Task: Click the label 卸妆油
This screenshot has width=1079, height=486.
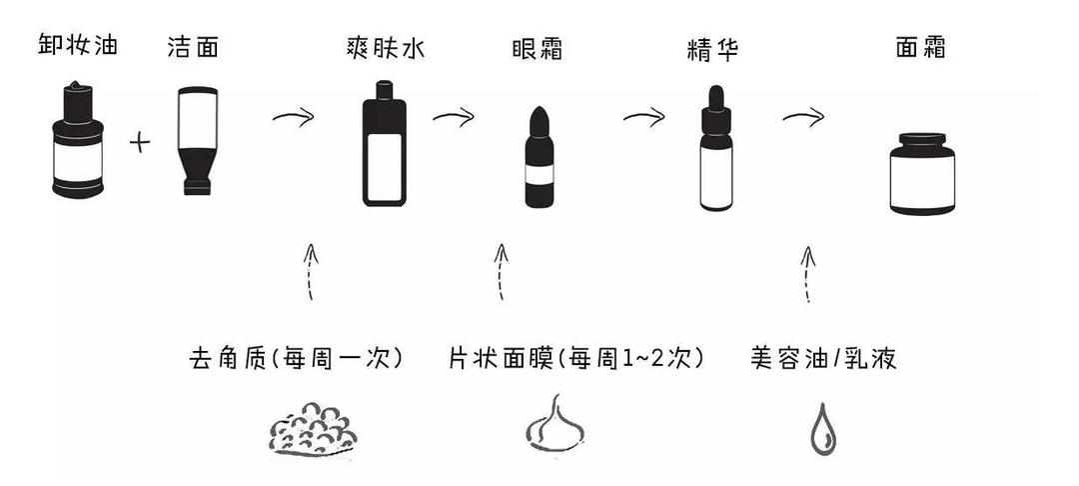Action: [x=78, y=45]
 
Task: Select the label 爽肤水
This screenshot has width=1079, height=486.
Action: [x=385, y=48]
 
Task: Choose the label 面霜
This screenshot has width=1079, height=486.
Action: [x=920, y=48]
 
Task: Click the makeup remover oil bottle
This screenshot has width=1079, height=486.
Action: [x=77, y=141]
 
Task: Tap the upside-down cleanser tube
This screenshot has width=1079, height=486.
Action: [x=195, y=140]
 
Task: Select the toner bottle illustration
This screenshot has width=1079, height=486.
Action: [x=385, y=144]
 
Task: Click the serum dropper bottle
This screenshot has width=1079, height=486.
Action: [x=715, y=149]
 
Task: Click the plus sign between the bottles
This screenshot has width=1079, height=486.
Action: [x=140, y=142]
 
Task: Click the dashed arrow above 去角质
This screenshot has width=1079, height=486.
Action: [x=312, y=270]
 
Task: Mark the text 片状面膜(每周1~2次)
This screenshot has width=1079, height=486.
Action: [x=576, y=358]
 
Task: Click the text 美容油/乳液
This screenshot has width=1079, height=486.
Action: [x=823, y=358]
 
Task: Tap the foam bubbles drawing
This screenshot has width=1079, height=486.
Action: [x=313, y=427]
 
